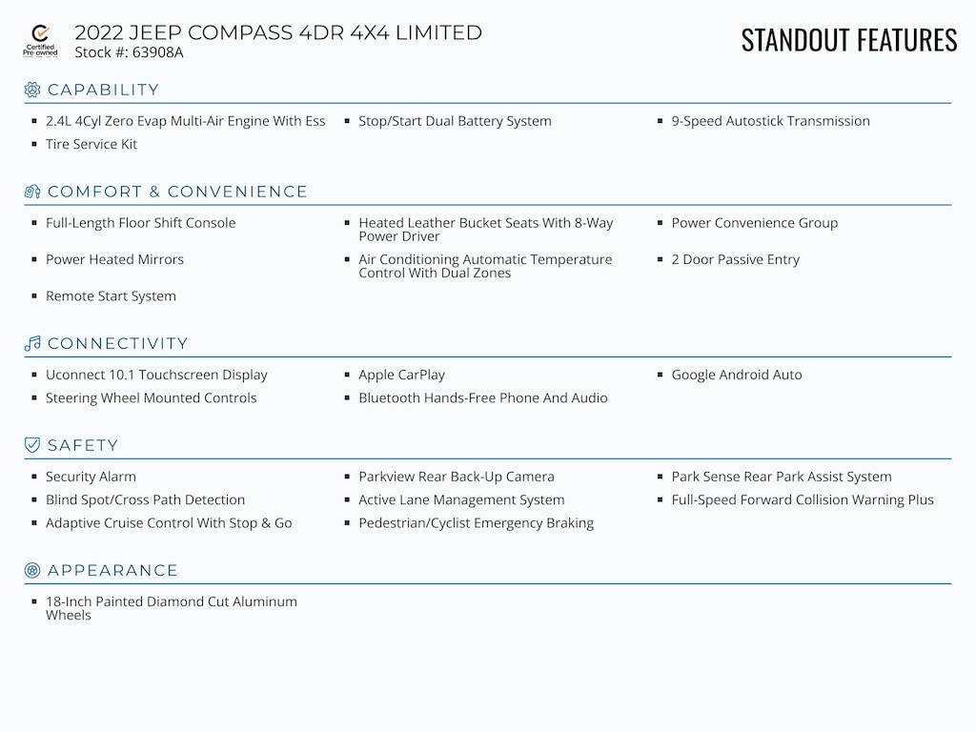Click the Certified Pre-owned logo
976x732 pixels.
(40, 41)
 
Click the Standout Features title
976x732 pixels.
(848, 40)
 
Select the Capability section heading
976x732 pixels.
(103, 90)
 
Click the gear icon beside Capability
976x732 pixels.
(32, 90)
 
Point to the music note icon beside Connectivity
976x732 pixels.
(32, 343)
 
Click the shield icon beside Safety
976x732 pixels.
(32, 445)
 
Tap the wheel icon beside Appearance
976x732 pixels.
(32, 570)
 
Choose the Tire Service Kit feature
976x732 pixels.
(91, 144)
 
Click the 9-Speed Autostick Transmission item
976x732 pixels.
(770, 121)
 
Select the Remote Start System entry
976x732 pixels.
(111, 295)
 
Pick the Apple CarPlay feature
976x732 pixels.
(401, 375)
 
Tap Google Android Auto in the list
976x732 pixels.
(737, 375)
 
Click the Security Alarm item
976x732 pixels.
(91, 477)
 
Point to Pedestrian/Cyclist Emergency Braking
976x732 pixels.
(476, 522)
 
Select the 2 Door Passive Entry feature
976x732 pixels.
(735, 259)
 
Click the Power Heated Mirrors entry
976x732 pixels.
(114, 259)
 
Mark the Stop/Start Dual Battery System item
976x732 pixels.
(455, 121)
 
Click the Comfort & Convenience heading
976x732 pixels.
(177, 192)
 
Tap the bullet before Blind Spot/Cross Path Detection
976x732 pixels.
(35, 499)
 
